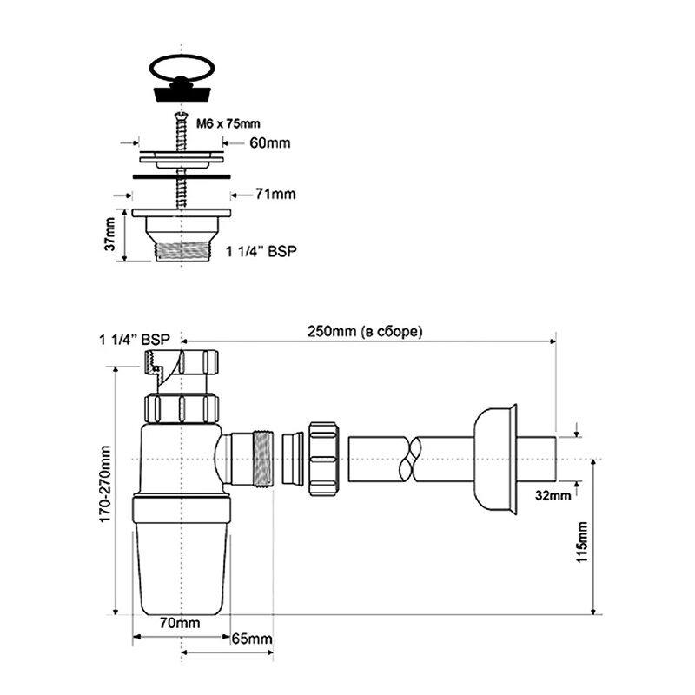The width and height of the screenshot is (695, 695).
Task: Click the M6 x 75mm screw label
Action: [228, 123]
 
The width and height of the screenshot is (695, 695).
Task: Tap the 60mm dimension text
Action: [270, 143]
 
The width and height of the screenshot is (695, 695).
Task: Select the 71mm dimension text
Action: [275, 194]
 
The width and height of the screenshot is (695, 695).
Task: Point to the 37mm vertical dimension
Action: [110, 235]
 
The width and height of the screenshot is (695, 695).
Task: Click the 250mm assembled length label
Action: [365, 332]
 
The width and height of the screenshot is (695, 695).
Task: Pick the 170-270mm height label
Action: [104, 485]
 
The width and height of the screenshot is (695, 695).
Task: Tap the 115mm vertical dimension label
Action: [581, 542]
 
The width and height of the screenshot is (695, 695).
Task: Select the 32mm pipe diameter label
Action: [553, 495]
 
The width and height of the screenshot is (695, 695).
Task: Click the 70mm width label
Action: [180, 623]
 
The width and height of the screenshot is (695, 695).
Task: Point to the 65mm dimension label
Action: [252, 639]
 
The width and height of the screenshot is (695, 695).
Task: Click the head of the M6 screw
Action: [182, 116]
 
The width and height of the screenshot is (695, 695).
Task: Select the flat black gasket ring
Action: [182, 176]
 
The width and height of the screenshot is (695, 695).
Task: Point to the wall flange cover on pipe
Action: [495, 460]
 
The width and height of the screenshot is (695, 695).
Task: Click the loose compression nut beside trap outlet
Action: [323, 459]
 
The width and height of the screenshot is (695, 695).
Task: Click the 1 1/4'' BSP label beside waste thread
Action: [261, 251]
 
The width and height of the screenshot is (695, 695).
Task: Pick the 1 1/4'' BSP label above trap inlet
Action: [135, 340]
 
